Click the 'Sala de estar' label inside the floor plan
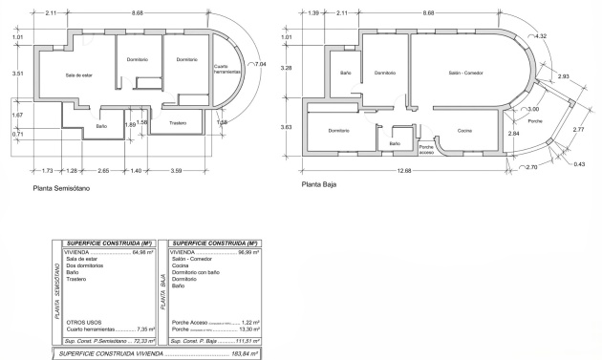pos(78,74)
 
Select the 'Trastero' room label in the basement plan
pos(178,123)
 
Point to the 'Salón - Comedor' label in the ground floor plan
pos(466,73)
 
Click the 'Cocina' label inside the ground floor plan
pos(463,130)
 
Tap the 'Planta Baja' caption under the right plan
pos(319,185)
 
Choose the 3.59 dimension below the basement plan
pos(177,170)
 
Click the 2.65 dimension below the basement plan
pos(104,170)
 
